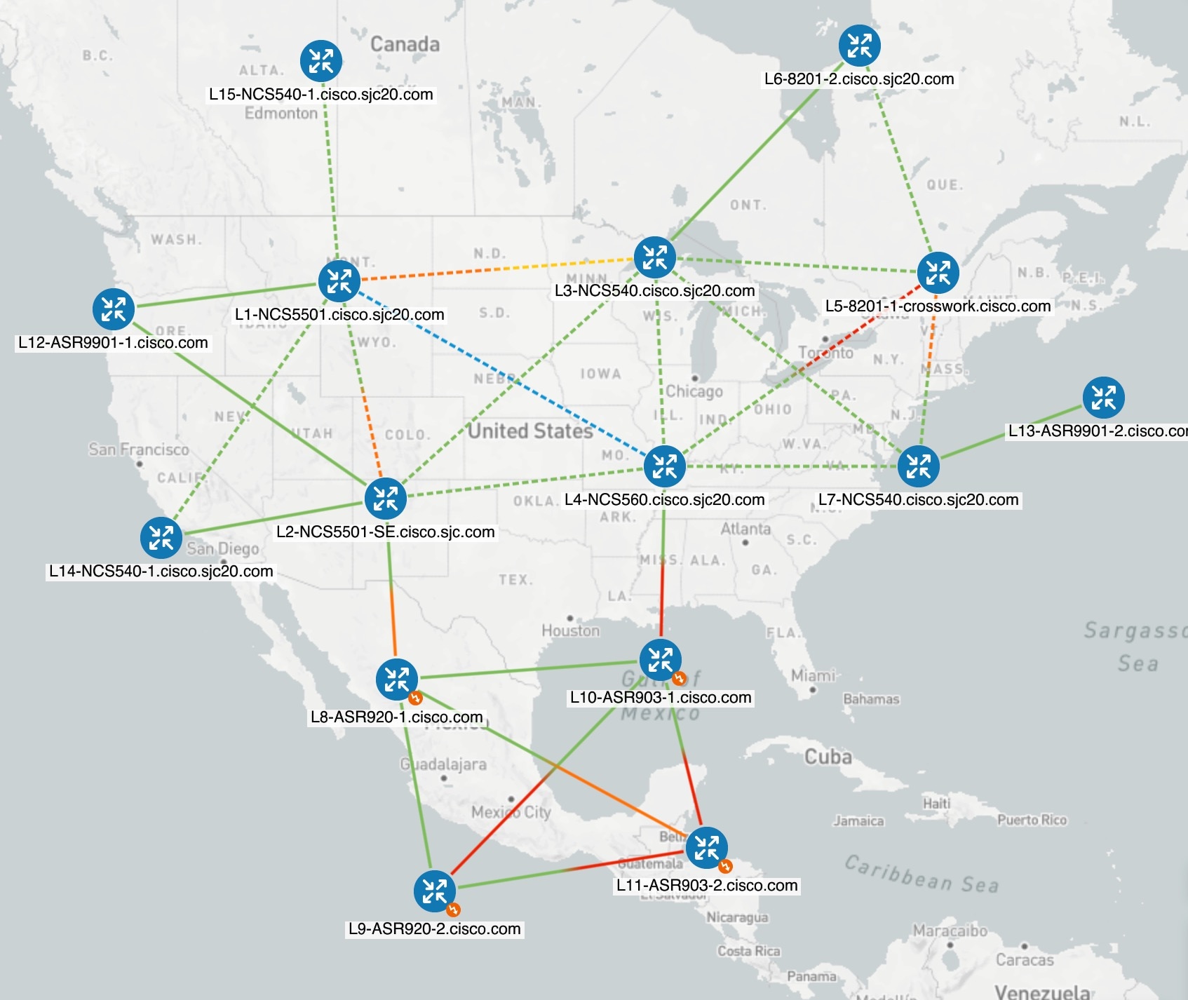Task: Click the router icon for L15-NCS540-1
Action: click(321, 61)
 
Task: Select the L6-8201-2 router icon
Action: click(859, 46)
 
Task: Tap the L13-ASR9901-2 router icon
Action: click(1103, 398)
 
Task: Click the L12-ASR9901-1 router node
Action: click(113, 309)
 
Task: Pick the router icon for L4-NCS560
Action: click(664, 466)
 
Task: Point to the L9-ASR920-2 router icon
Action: click(435, 891)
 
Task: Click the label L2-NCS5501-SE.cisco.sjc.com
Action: click(385, 532)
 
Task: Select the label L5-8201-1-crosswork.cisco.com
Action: click(938, 306)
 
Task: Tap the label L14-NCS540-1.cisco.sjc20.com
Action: click(161, 571)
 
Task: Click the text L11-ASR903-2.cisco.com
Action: click(707, 885)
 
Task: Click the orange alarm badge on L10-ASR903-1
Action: click(678, 678)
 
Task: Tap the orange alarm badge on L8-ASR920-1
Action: click(415, 698)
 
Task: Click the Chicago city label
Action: click(694, 391)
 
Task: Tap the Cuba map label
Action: click(828, 757)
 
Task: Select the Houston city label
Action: click(570, 630)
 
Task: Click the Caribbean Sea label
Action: click(921, 874)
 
